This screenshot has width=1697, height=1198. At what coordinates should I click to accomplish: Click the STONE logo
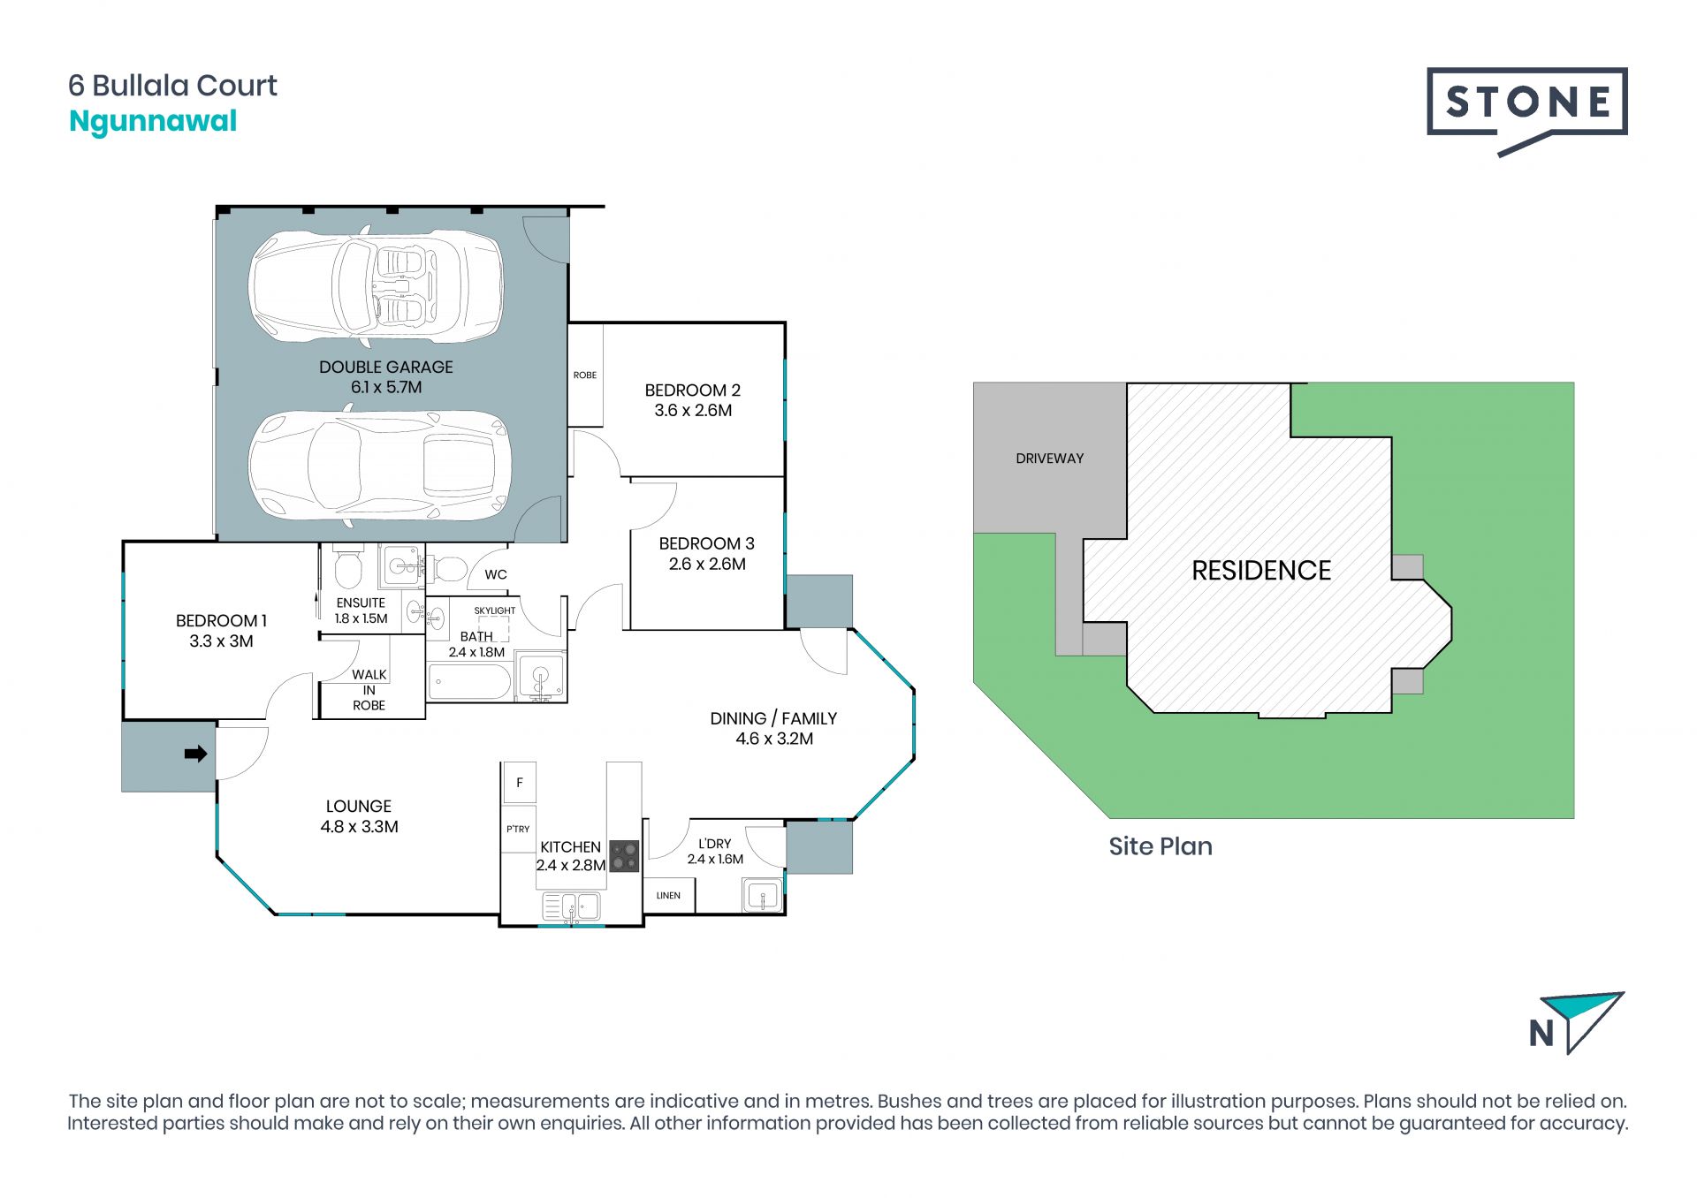click(1526, 110)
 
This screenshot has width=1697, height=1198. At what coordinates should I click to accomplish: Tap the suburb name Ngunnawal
click(153, 122)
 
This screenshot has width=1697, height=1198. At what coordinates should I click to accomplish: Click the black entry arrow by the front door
click(195, 754)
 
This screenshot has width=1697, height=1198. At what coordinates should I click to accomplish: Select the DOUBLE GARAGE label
click(386, 367)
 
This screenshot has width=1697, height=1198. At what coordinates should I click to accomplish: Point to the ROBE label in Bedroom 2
click(585, 375)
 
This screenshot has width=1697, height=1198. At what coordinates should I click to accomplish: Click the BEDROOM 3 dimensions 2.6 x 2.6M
click(707, 565)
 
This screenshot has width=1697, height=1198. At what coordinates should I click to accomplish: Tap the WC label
click(496, 574)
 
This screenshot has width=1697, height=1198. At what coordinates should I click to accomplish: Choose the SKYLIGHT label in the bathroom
click(495, 610)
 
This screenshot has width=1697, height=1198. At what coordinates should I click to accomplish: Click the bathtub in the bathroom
click(469, 682)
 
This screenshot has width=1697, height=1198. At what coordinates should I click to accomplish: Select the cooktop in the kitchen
click(624, 856)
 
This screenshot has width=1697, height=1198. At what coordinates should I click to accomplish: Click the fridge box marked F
click(520, 783)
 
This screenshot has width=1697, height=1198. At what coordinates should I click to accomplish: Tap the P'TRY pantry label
click(518, 829)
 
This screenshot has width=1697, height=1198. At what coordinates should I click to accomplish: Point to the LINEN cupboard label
click(668, 896)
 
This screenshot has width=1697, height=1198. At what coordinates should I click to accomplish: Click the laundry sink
click(762, 896)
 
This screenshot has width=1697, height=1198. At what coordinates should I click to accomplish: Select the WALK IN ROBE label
click(369, 690)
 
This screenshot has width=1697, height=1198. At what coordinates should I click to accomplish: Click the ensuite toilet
click(348, 568)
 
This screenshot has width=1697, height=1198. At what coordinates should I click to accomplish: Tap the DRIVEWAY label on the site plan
click(1050, 459)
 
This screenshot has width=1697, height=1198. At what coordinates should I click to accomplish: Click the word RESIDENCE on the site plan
click(1261, 571)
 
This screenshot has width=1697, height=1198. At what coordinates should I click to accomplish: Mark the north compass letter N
click(1542, 1033)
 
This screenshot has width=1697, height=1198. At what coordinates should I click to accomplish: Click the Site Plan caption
click(1161, 846)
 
